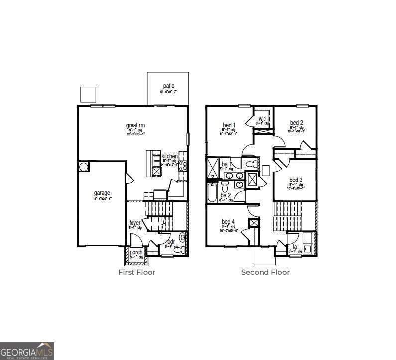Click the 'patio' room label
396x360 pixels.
(x=168, y=86)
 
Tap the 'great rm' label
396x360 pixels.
(x=135, y=125)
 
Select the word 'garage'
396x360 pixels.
(x=102, y=193)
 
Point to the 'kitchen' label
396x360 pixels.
(x=169, y=156)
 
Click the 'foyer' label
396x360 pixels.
(x=135, y=223)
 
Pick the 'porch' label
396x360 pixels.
(x=136, y=252)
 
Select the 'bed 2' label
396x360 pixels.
(x=297, y=123)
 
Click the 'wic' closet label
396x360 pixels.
(x=262, y=119)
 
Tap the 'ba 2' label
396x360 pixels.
(x=225, y=195)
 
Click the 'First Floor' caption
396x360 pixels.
(x=136, y=272)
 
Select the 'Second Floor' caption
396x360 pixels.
(x=265, y=272)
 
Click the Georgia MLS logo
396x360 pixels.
(x=26, y=351)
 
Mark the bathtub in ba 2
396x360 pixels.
(x=212, y=192)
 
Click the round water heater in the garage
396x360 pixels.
(x=83, y=166)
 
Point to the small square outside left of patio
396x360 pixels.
(x=88, y=94)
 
